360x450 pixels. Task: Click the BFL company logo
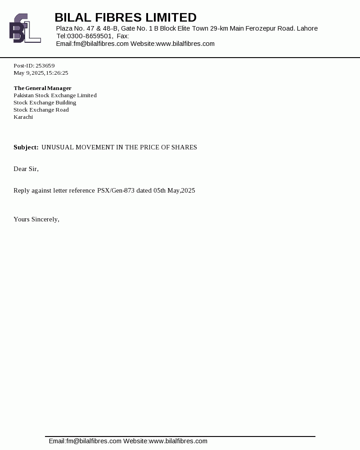coord(25,28)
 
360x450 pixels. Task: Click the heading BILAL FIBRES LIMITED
coord(126,18)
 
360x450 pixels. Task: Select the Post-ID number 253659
coord(45,66)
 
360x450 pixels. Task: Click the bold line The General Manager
coord(42,88)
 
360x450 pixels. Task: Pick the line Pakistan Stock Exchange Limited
coord(55,95)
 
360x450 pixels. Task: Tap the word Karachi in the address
coord(23,117)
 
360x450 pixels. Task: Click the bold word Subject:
coord(26,148)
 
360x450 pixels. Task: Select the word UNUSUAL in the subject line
coord(58,148)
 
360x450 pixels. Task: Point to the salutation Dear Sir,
coord(26,169)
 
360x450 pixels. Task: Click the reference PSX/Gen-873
coord(116,191)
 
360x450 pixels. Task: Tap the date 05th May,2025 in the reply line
coord(174,191)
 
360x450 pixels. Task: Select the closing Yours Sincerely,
coord(36,220)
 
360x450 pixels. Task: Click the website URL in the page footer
coord(178,441)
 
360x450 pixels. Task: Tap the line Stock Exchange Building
coord(45,103)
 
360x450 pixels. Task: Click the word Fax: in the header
coord(123,36)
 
